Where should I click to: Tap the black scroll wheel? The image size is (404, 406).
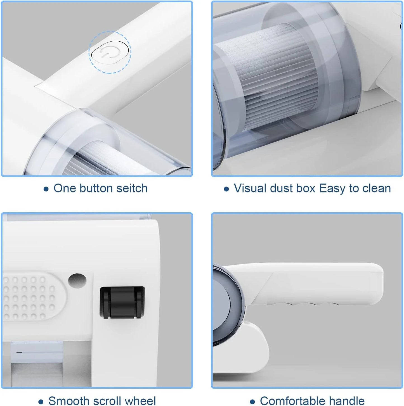coord(122,303)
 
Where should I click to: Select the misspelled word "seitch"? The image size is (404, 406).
coord(132,188)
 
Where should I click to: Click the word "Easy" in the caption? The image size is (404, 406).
coord(332,189)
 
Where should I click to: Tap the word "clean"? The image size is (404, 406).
coord(376,188)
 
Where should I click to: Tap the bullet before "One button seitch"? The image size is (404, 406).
coord(46,189)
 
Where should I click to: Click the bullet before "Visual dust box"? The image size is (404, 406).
coord(226,189)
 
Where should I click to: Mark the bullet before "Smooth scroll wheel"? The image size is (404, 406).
coord(41,402)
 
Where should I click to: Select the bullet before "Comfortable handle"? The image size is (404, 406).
coord(252,402)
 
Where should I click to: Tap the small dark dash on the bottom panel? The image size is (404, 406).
coord(19,352)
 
